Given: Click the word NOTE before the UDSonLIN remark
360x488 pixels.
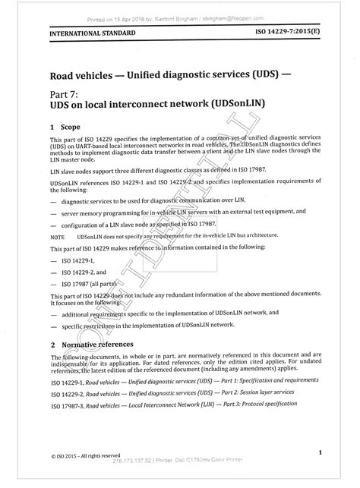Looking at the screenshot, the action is (x=58, y=237).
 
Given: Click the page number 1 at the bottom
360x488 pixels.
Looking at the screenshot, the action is (x=321, y=452).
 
